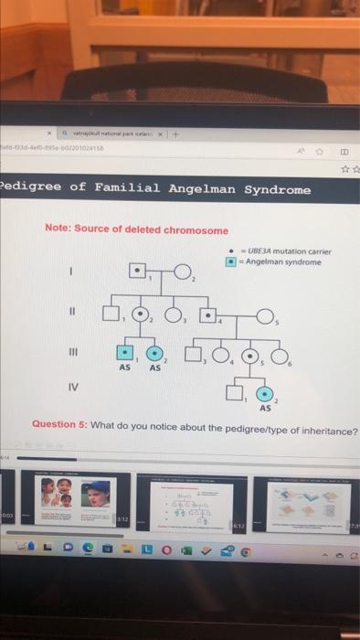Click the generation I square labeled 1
pyautogui.click(x=136, y=271)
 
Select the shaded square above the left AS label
pyautogui.click(x=123, y=354)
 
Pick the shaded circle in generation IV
pyautogui.click(x=266, y=395)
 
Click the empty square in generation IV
pyautogui.click(x=235, y=394)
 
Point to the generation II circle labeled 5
pyautogui.click(x=265, y=316)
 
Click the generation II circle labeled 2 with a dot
pyautogui.click(x=142, y=315)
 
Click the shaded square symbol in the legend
pyautogui.click(x=231, y=261)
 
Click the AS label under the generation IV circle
pyautogui.click(x=266, y=409)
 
